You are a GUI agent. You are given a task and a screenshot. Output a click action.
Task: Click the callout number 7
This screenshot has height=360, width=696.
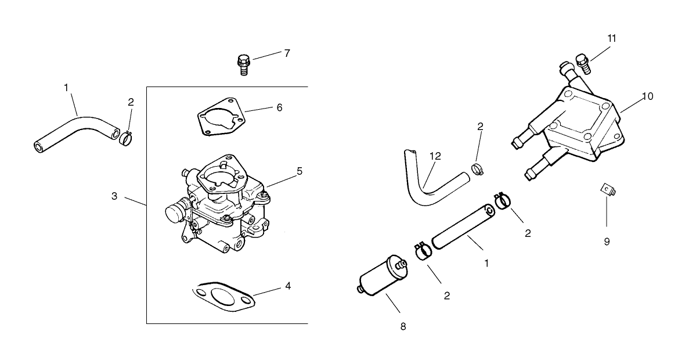point(287,53)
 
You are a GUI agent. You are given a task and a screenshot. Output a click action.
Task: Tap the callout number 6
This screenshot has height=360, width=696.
point(279,107)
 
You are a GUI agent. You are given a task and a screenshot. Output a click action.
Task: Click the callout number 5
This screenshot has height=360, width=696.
point(299,171)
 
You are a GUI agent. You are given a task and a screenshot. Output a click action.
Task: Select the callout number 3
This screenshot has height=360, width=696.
point(114,196)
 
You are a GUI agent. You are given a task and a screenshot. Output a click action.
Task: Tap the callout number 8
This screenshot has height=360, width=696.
point(403,326)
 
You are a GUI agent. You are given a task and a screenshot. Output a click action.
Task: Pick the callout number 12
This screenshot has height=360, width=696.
point(435,156)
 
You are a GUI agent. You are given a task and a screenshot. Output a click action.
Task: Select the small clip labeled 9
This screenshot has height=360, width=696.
point(606,189)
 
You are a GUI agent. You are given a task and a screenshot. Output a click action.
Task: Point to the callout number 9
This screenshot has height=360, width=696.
point(607,242)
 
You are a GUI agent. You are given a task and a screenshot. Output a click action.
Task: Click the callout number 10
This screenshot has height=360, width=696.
point(647,96)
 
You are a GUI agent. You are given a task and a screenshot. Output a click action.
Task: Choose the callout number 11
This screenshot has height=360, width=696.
point(612,38)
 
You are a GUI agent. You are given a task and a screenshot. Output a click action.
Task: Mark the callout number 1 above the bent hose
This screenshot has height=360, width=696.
point(66,87)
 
